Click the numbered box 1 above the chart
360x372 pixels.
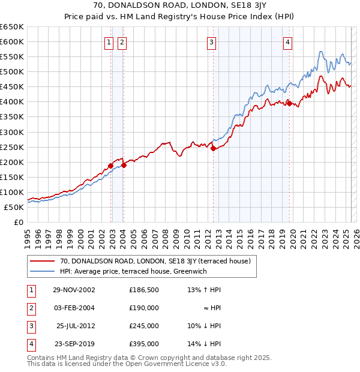(x=109, y=42)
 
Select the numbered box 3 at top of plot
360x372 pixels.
(x=212, y=42)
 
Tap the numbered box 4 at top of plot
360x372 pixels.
(x=288, y=42)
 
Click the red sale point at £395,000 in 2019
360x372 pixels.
(x=289, y=103)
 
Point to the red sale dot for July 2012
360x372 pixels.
(x=213, y=149)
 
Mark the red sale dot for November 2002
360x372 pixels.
(x=111, y=166)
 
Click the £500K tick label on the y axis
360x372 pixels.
(x=12, y=72)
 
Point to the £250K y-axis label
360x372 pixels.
(x=12, y=147)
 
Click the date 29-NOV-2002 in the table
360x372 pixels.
(x=74, y=290)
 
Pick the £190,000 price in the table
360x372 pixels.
(x=143, y=308)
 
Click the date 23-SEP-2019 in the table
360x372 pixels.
(x=74, y=344)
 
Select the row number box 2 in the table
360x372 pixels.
(x=29, y=308)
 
